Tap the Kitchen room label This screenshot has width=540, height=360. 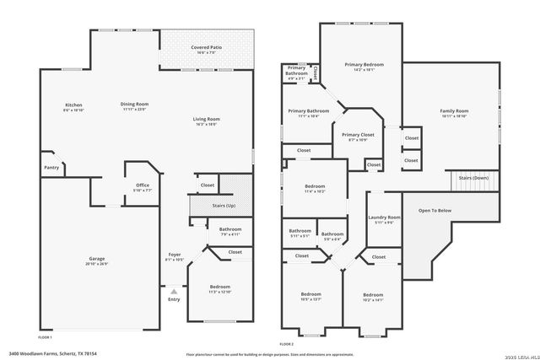[x=73, y=105]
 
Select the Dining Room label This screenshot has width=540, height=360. [x=134, y=105]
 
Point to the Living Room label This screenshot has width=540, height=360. [x=207, y=120]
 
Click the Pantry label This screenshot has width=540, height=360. [x=51, y=167]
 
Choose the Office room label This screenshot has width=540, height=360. [x=143, y=186]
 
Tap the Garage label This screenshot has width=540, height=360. [x=97, y=259]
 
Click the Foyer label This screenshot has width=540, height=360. [x=175, y=255]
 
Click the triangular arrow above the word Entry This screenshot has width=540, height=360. [x=174, y=290]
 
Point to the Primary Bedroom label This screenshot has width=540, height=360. [x=364, y=65]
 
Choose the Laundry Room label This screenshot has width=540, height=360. [x=384, y=219]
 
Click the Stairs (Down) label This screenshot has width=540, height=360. [x=473, y=178]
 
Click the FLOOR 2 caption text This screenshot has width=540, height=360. [x=287, y=344]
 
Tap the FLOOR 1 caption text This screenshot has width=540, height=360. [x=46, y=336]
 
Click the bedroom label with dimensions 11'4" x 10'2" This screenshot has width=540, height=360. [x=313, y=190]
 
